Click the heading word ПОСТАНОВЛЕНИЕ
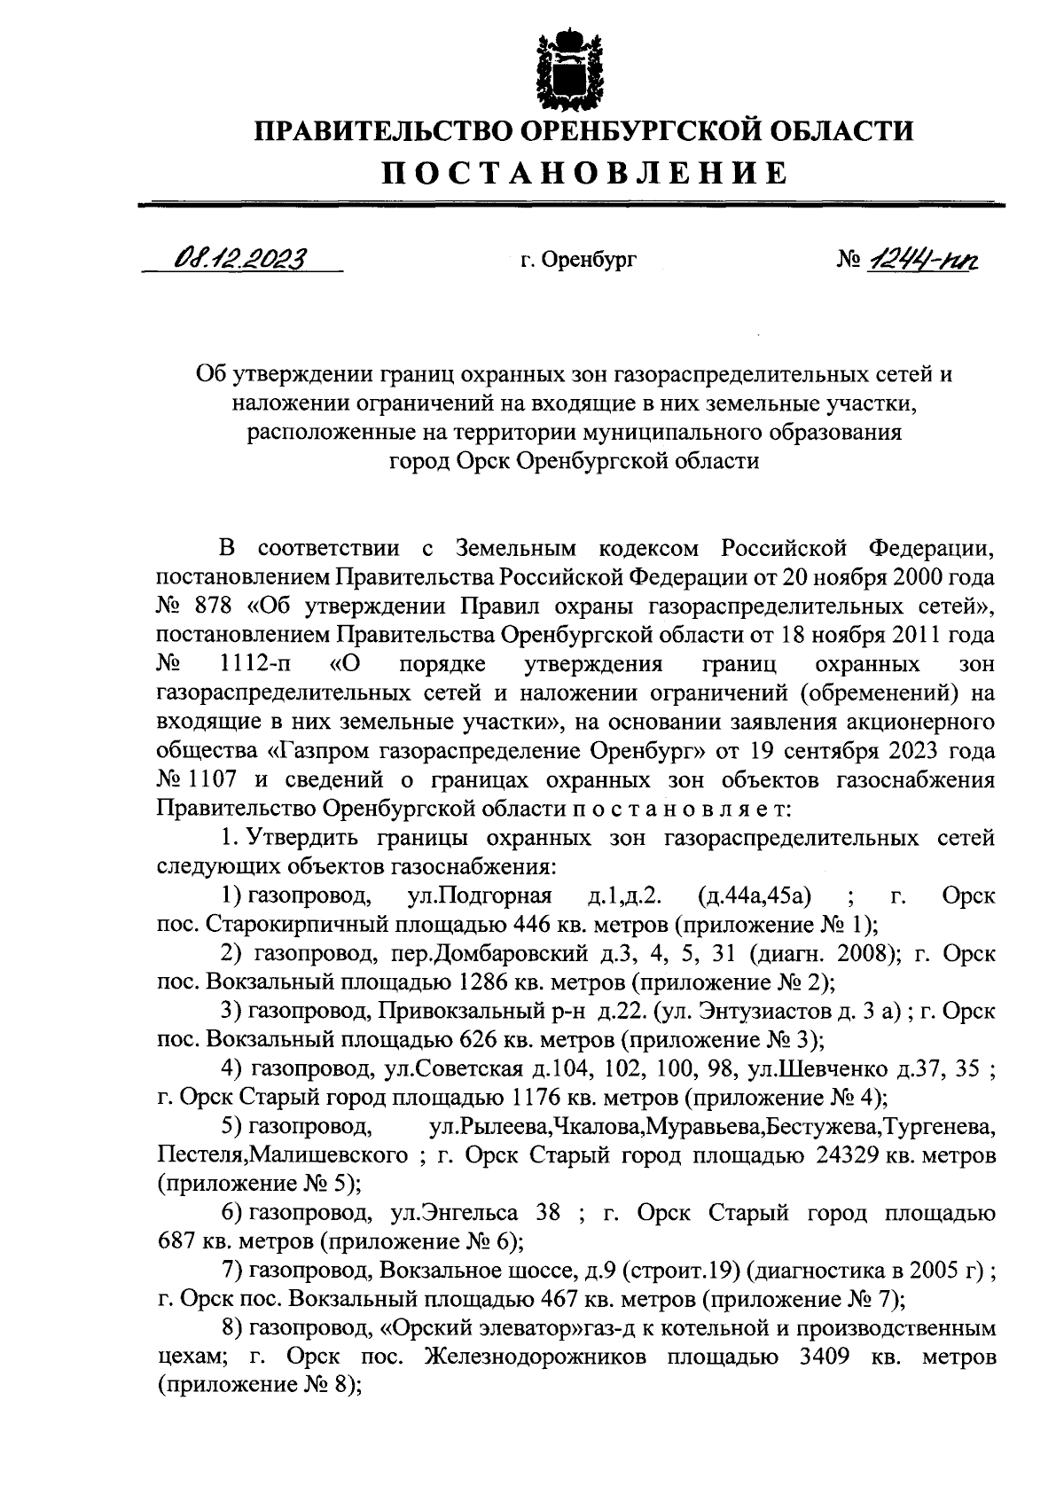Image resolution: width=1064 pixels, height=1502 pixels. tap(584, 173)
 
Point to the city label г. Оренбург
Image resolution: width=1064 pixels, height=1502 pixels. tap(579, 261)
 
